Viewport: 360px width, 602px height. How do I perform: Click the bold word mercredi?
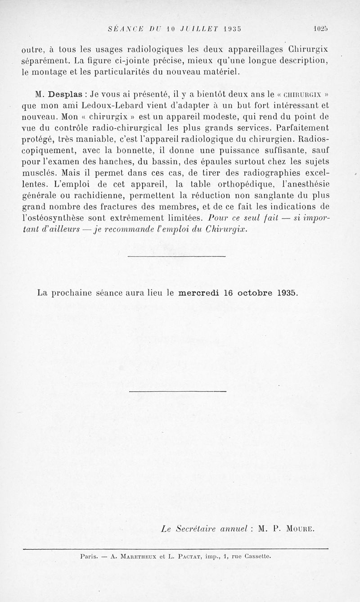pyautogui.click(x=199, y=292)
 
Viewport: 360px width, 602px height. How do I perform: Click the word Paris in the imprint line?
pyautogui.click(x=89, y=556)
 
